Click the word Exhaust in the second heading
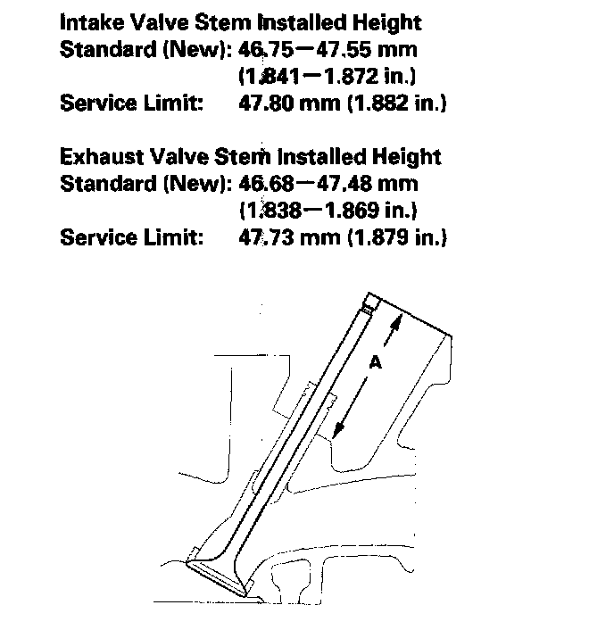[100, 157]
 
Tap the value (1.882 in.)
[392, 103]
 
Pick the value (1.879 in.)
[392, 238]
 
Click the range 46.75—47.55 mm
[329, 48]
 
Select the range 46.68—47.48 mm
[329, 184]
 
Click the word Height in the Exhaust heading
[406, 157]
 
